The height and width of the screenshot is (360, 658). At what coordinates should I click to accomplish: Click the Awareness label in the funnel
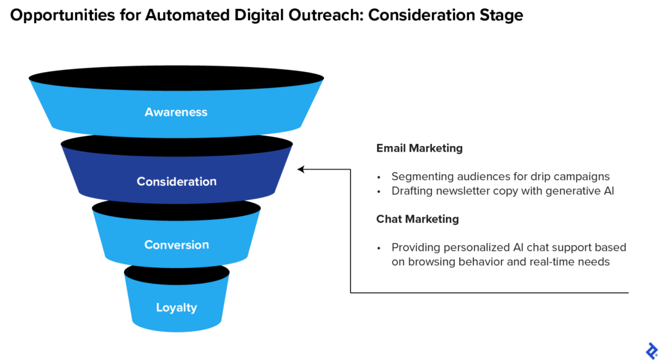(x=176, y=112)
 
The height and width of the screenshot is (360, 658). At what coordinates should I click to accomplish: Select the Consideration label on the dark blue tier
(x=176, y=181)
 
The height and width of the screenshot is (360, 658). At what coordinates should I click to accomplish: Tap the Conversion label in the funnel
(x=176, y=244)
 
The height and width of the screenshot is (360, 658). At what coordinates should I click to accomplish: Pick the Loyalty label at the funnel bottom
(x=176, y=307)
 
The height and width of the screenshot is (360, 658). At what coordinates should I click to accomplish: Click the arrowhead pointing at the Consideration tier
(x=301, y=170)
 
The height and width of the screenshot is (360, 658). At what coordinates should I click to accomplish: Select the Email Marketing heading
(x=419, y=148)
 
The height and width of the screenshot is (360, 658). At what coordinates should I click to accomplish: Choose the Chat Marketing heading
(x=417, y=219)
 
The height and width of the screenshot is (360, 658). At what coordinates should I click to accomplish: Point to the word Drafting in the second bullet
(x=413, y=191)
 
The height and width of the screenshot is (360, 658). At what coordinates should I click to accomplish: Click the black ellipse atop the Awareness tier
(x=176, y=78)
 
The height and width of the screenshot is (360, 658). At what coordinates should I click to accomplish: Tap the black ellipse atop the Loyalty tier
(x=176, y=273)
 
